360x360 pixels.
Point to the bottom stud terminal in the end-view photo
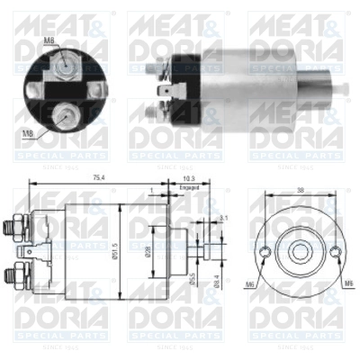coord(65,112)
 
